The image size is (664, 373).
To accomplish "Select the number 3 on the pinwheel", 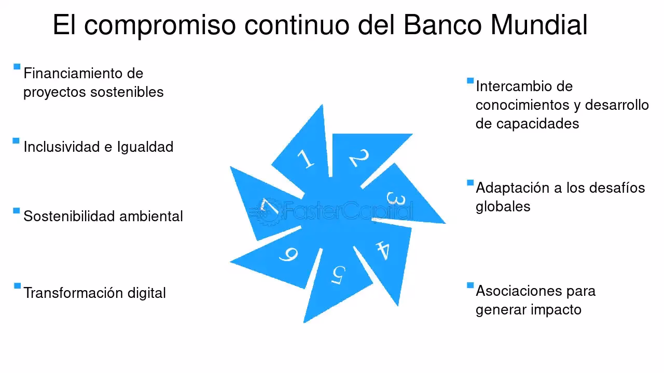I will click(x=395, y=199).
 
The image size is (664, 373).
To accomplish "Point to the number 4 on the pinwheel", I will click(x=382, y=250).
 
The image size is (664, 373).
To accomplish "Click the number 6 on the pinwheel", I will click(x=288, y=254).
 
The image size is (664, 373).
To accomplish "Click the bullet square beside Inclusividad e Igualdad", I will click(x=17, y=140).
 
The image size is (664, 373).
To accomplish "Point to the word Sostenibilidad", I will click(x=70, y=216).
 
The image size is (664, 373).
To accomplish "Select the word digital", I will click(x=146, y=293).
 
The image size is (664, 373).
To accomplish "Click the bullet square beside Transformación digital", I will click(x=17, y=286).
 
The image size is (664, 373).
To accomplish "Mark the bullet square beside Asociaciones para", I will click(x=470, y=285).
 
